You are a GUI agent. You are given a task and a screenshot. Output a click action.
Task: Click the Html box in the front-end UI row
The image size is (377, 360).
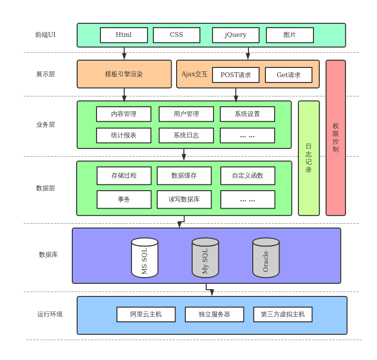tap(124, 35)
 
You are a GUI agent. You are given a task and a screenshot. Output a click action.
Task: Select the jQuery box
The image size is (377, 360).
tap(235, 35)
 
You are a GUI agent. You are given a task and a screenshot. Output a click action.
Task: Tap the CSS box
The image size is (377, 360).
tap(177, 35)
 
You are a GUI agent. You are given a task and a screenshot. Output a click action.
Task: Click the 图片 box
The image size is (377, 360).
tap(290, 35)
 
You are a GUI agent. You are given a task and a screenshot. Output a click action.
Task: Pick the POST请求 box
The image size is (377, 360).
tap(236, 75)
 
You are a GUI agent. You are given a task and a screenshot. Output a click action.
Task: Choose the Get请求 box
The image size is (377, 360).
tap(289, 75)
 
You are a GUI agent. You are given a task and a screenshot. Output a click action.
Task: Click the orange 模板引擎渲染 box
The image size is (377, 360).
tap(124, 74)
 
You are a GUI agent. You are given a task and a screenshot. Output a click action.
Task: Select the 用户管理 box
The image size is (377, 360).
tap(186, 114)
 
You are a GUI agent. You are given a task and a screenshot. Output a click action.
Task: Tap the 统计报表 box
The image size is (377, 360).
tap(124, 135)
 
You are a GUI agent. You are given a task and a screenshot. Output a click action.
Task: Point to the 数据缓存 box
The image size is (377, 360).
tap(184, 176)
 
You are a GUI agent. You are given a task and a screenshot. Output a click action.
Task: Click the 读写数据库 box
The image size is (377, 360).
tap(184, 199)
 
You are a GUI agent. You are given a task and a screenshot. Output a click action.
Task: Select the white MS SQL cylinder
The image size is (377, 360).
tap(145, 258)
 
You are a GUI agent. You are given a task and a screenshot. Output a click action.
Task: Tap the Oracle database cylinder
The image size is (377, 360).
tap(266, 258)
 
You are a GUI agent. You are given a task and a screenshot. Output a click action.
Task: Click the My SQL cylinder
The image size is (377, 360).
tap(205, 258)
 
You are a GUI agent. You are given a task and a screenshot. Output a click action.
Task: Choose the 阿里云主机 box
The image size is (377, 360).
tap(146, 314)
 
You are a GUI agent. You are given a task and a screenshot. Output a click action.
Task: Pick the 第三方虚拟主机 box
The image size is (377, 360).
tap(283, 314)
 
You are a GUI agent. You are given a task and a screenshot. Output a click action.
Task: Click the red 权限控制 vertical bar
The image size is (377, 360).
tap(336, 138)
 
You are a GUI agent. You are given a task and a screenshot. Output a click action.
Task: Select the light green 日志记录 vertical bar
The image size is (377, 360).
tap(309, 158)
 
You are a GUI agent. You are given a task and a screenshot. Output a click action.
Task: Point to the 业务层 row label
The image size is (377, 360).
tap(46, 125)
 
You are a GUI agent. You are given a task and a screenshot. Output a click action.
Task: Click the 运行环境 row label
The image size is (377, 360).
tap(50, 314)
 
